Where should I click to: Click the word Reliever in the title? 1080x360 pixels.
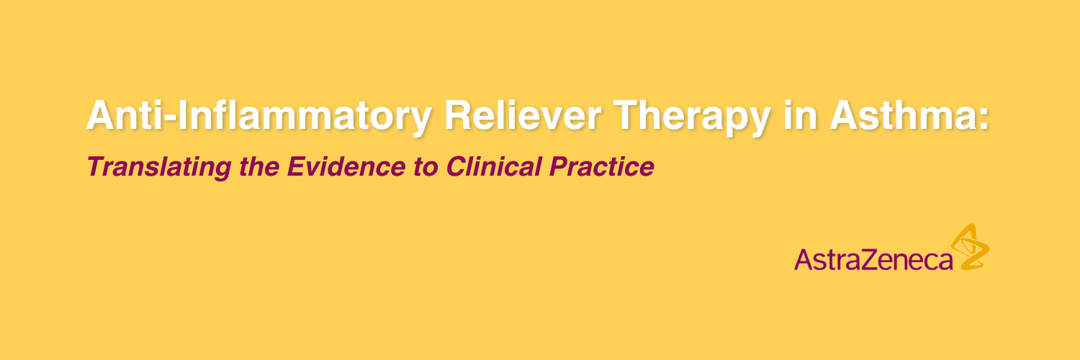(523, 116)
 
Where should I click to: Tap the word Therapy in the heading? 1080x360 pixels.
(692, 119)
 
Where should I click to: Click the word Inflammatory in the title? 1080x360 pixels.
(305, 119)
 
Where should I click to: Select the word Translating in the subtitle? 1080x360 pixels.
(159, 167)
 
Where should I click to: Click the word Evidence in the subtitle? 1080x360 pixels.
(346, 167)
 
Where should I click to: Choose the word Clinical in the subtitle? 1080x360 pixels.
(494, 167)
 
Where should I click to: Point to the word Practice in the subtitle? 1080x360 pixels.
(602, 167)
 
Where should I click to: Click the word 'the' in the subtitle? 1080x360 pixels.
(259, 167)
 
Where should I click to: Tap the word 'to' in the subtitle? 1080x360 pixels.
(426, 168)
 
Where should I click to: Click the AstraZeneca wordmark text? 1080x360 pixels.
(873, 259)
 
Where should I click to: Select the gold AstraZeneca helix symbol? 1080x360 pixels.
(969, 247)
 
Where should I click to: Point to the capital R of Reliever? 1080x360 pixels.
(459, 116)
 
